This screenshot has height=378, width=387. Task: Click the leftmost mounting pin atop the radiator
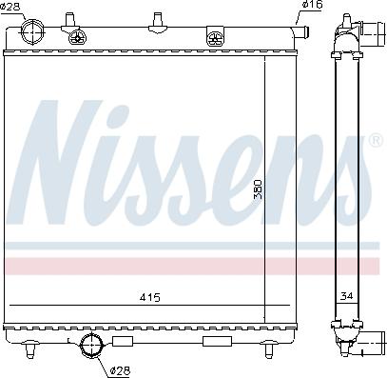click(x=69, y=17)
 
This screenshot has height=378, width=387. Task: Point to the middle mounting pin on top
click(x=154, y=17)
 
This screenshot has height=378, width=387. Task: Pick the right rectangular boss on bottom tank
click(x=214, y=341)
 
